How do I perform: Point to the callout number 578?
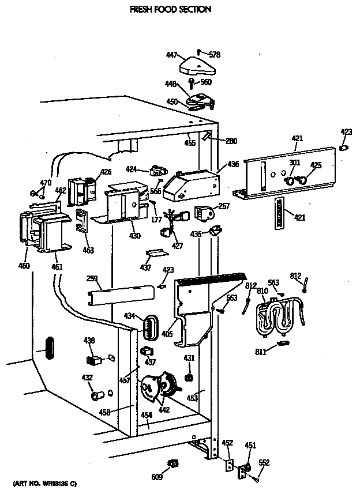click(x=215, y=55)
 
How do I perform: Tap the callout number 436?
click(x=233, y=164)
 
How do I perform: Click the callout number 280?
click(x=231, y=141)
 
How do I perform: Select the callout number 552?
click(x=264, y=462)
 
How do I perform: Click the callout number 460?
click(x=24, y=266)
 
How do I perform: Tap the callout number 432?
click(x=87, y=378)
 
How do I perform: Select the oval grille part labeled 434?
click(x=149, y=330)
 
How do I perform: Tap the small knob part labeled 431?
click(x=188, y=378)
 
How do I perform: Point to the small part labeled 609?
click(x=172, y=463)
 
